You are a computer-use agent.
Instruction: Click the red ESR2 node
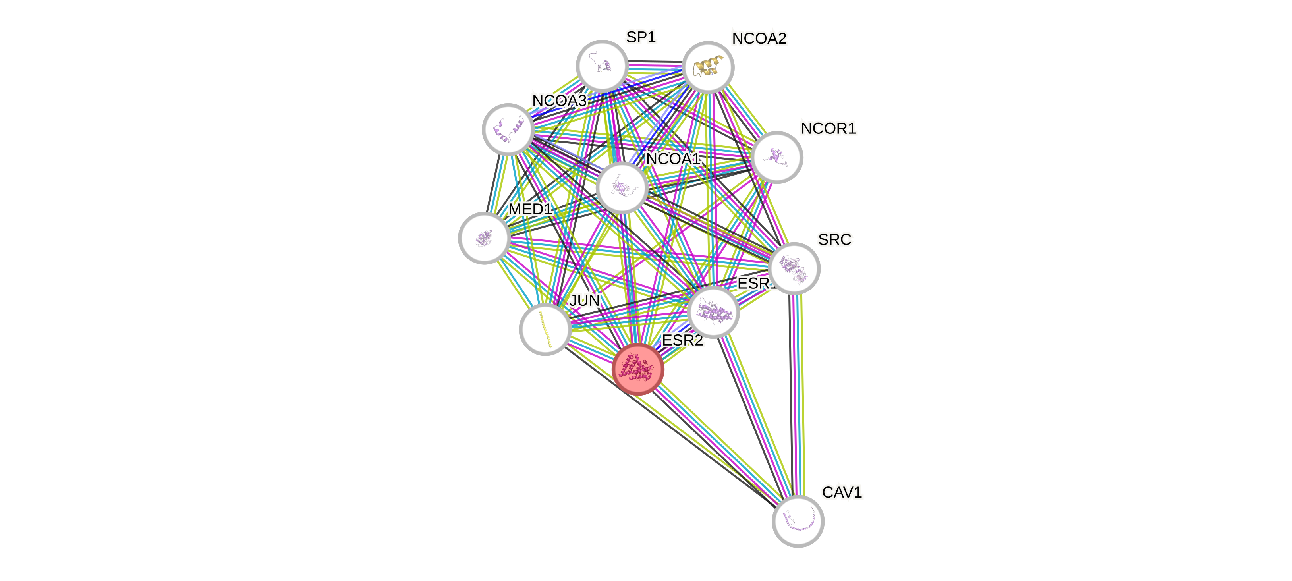638,369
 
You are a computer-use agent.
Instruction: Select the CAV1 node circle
798,521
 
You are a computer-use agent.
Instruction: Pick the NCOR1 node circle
777,157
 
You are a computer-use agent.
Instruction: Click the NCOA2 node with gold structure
708,67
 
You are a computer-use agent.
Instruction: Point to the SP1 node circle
602,66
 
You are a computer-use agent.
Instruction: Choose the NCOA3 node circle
508,129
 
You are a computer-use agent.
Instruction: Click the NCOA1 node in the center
622,188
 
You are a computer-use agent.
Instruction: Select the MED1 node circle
484,237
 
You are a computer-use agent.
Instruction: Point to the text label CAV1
842,492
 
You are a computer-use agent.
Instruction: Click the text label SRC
834,239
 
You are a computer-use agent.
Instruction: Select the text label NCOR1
828,129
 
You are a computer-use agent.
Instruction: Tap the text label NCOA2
759,38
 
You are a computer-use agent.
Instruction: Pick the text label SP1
641,37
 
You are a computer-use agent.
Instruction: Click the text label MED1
530,209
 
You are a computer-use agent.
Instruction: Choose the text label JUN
584,300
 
